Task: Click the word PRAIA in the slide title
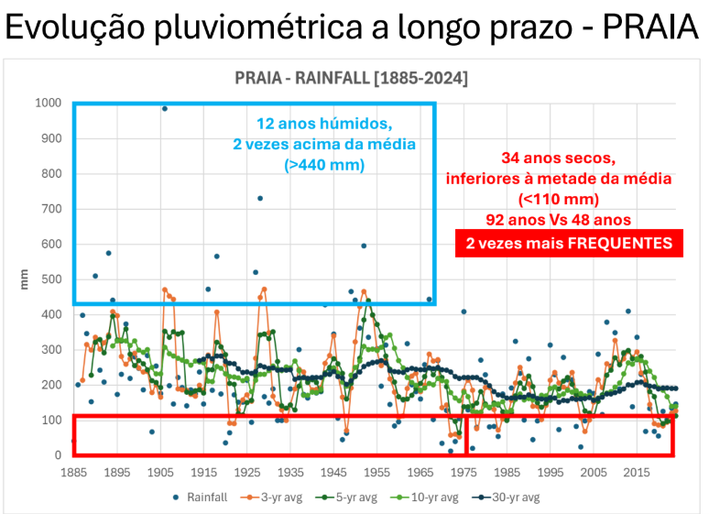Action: pos(647,27)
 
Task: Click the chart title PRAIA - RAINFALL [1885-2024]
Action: pos(351,79)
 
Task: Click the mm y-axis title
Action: pos(25,279)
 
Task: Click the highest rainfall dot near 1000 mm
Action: pos(165,108)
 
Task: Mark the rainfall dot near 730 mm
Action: pos(260,198)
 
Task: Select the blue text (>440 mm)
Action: pos(325,166)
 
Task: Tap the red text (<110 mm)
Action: pos(559,199)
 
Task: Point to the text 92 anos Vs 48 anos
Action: pos(559,221)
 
